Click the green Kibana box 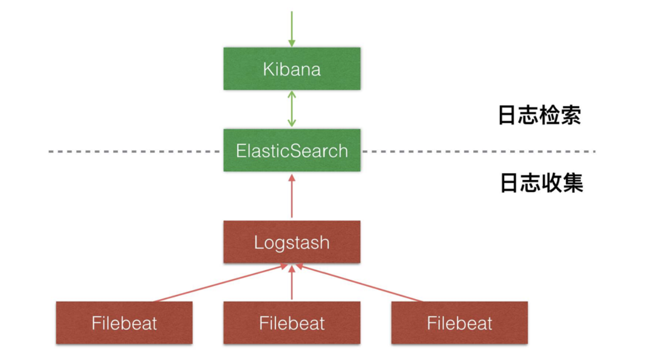tap(292, 68)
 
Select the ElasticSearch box tap(292, 151)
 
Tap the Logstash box tap(292, 242)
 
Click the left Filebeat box tap(124, 323)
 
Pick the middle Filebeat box tap(292, 323)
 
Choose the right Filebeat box tap(459, 323)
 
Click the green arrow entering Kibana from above tap(292, 28)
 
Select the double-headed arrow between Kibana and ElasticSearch tap(292, 109)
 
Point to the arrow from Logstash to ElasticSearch tap(292, 196)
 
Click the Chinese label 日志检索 tap(540, 116)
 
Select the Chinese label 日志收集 tap(542, 183)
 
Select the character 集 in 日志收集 tap(573, 183)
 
